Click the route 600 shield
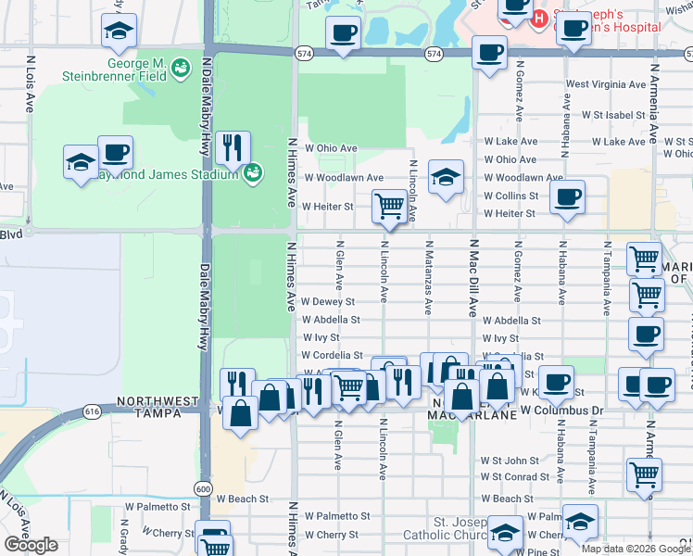coord(203,488)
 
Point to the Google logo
coord(31,545)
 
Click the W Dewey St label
coord(328,301)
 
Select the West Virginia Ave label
coord(603,84)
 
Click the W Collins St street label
coord(510,196)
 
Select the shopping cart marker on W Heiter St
coord(389,205)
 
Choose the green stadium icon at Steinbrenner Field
coord(182,67)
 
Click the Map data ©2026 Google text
coord(636,549)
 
